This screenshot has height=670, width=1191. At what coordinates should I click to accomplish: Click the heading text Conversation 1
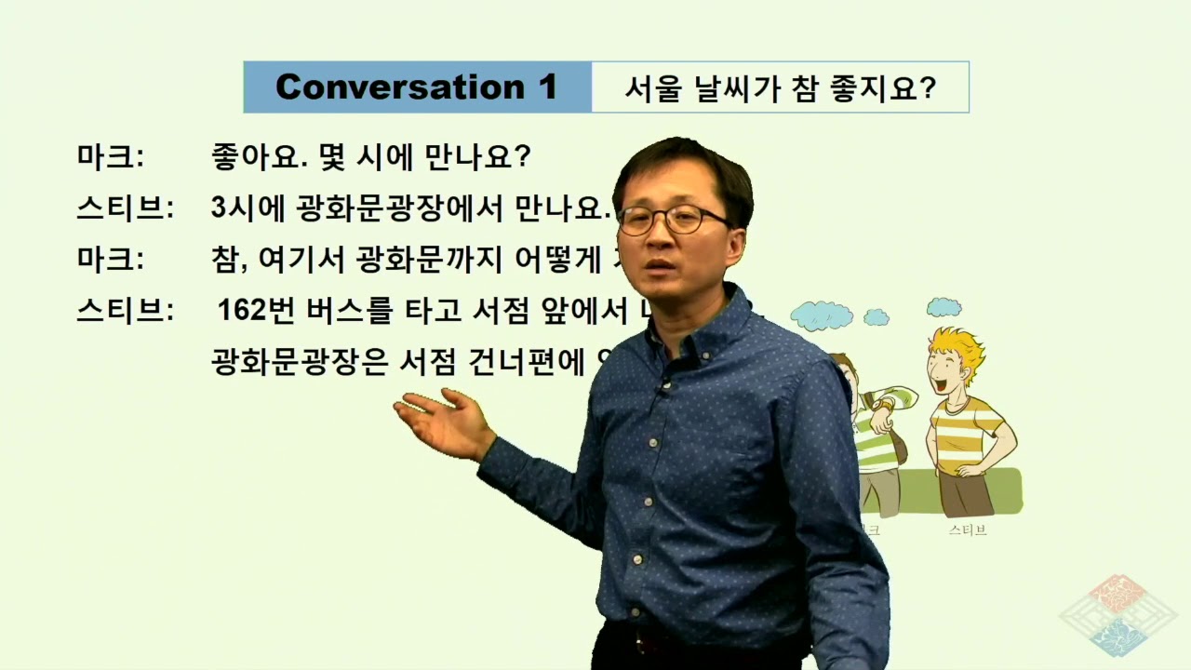coord(416,87)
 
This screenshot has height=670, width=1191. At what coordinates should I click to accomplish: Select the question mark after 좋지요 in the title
coord(928,88)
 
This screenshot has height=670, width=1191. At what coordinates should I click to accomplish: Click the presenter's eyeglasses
coord(672,220)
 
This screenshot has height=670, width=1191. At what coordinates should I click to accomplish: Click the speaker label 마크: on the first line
coord(110,156)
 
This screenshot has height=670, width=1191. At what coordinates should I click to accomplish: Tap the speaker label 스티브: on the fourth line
coord(125,310)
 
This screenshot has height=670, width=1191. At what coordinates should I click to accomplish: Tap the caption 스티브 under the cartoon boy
coord(968,530)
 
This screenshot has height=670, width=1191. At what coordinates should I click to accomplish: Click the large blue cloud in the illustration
coord(821,315)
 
